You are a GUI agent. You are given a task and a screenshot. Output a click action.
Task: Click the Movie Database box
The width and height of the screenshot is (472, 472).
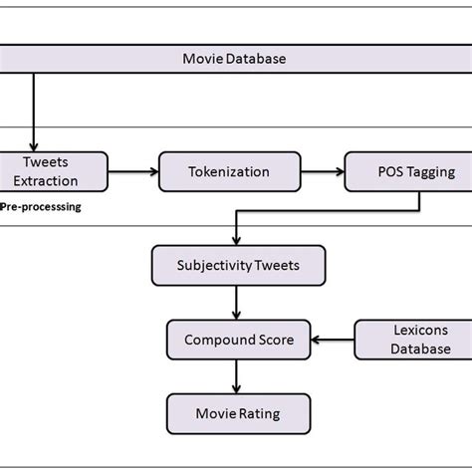(x=235, y=59)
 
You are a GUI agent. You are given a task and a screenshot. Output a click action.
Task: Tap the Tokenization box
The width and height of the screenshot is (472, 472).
(x=229, y=171)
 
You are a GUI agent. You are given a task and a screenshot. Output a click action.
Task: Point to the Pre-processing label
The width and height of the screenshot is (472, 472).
(x=40, y=208)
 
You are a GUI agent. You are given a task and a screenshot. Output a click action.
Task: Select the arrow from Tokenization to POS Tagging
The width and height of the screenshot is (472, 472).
(x=322, y=171)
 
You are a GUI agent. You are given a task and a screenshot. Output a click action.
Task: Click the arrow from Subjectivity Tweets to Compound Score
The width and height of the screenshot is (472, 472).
(x=235, y=303)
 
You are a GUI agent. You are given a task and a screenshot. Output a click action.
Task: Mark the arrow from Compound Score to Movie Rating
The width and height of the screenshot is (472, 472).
(x=235, y=375)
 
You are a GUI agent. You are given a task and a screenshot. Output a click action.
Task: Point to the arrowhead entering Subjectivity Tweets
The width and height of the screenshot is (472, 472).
(x=235, y=240)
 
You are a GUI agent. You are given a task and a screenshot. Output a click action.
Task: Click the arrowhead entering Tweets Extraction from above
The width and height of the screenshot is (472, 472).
(x=35, y=145)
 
